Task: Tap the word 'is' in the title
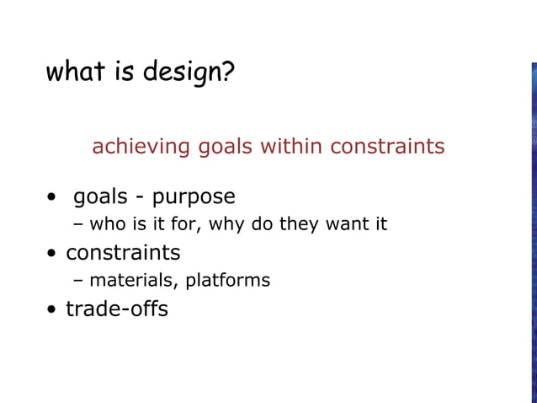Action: click(x=125, y=72)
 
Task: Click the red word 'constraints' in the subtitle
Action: click(x=387, y=147)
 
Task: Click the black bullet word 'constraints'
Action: click(x=123, y=253)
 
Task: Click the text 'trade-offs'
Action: click(x=117, y=309)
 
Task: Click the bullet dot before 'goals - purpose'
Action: click(x=52, y=200)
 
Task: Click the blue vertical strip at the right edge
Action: click(x=533, y=228)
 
